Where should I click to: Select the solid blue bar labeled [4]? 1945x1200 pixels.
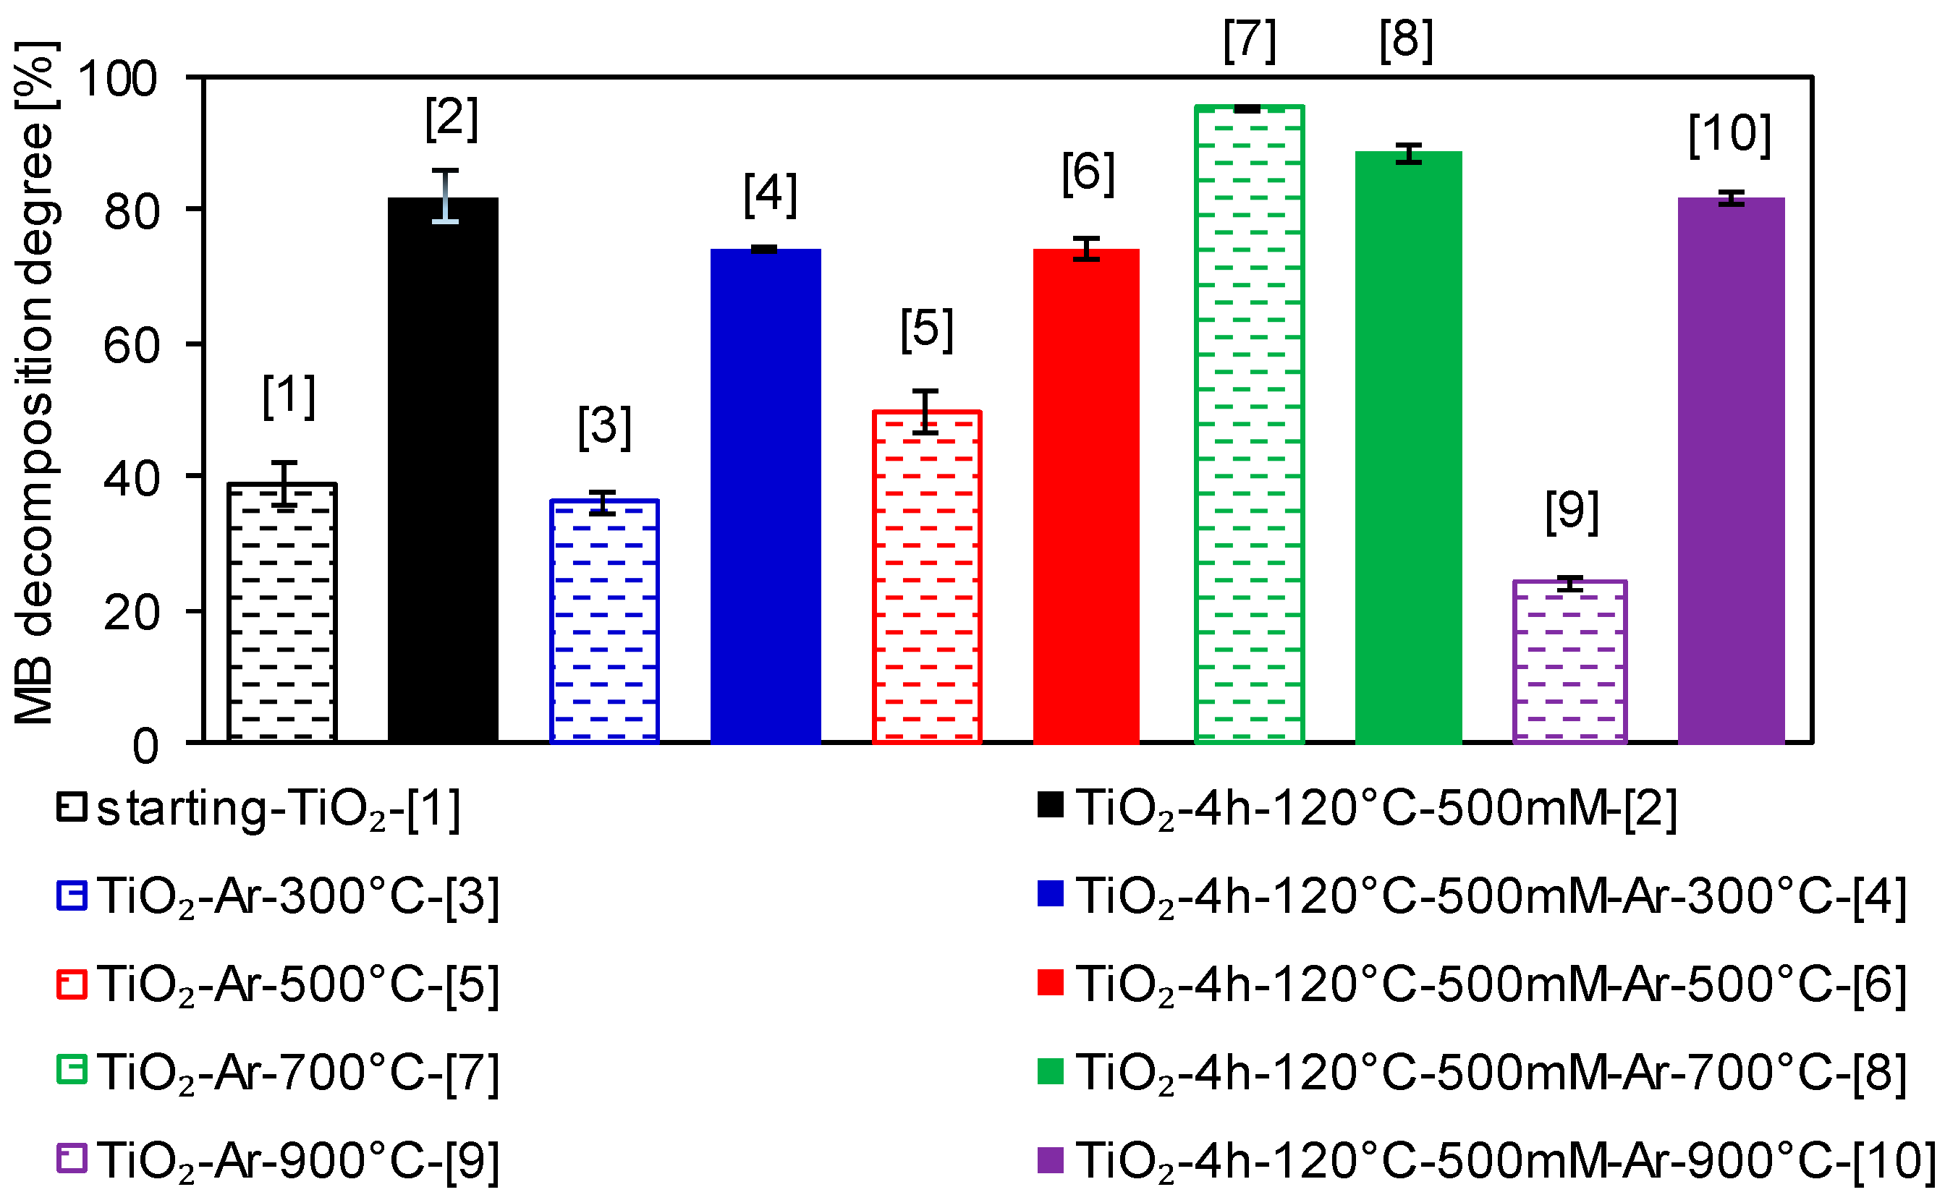(766, 496)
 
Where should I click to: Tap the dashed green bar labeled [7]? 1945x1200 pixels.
(1249, 425)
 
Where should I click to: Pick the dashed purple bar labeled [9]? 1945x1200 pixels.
(1569, 662)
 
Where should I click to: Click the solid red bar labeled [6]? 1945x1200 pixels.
(1086, 496)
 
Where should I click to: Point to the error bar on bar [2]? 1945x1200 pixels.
(445, 196)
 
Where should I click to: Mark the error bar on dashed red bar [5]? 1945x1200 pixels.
(925, 412)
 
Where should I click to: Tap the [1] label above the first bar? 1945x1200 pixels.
(289, 396)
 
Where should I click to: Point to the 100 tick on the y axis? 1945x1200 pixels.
(117, 80)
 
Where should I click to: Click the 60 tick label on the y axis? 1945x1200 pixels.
(131, 346)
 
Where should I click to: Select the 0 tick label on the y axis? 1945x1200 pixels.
(145, 746)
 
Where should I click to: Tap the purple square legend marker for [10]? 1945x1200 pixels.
(1049, 1159)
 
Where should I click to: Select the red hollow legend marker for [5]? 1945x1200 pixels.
(72, 985)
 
